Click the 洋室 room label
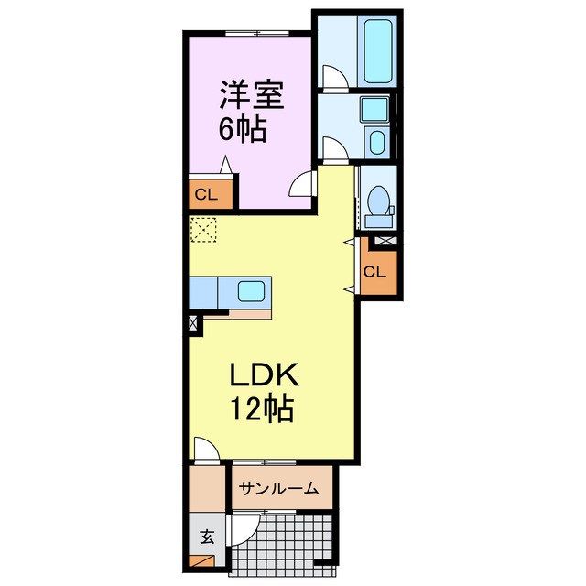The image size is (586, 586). pos(251,95)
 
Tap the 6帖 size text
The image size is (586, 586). pos(243,129)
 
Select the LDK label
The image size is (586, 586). pos(264,374)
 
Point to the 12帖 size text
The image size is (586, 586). pos(261,408)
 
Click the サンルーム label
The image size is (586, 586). pos(278,488)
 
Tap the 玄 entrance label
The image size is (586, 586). pos(207,537)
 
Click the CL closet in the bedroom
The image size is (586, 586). pos(207,194)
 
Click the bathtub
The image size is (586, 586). pos(378,51)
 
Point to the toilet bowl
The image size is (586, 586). pos(378,201)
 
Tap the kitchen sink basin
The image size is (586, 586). pos(251,291)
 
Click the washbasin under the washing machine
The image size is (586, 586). pos(376,143)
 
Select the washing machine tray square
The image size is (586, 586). pos(374,109)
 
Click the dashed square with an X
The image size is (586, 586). pos(203,230)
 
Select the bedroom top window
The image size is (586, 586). pos(257,34)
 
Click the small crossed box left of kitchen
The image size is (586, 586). pos(193,322)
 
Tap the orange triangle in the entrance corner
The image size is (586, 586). pos(201,561)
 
